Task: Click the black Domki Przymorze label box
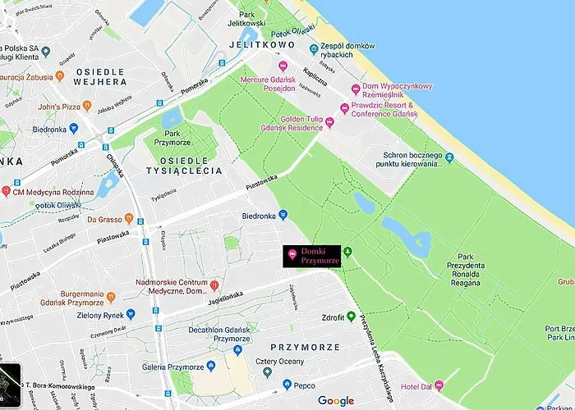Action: click(x=311, y=255)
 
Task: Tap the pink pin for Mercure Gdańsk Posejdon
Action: click(x=283, y=66)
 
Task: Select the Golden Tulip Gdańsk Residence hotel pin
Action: click(x=329, y=123)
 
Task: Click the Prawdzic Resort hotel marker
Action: click(x=345, y=109)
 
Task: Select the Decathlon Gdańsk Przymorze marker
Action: click(x=237, y=350)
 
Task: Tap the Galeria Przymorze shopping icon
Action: click(x=214, y=367)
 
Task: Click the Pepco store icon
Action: click(x=287, y=384)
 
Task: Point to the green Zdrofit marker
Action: click(x=351, y=317)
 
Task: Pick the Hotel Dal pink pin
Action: click(x=439, y=385)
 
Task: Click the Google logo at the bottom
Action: click(x=336, y=401)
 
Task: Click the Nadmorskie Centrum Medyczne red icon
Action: click(x=214, y=285)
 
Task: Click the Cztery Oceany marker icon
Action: click(x=266, y=372)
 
